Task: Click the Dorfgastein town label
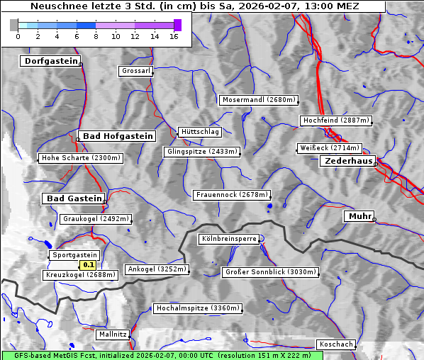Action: (x=50, y=62)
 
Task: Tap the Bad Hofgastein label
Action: (x=117, y=136)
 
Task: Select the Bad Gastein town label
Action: (x=74, y=198)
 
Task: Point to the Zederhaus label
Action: (x=347, y=162)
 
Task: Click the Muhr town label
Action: (x=359, y=216)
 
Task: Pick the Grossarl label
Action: (x=135, y=72)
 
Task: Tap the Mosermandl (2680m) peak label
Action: (x=259, y=100)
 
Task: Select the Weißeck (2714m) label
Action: (x=330, y=148)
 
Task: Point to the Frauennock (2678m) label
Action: (x=232, y=194)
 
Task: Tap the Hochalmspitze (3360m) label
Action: (x=198, y=308)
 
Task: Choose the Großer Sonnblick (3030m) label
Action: (x=270, y=272)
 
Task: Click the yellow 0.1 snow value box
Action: (x=89, y=265)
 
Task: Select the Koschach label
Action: (x=335, y=344)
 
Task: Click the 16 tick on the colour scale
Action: (x=174, y=36)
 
